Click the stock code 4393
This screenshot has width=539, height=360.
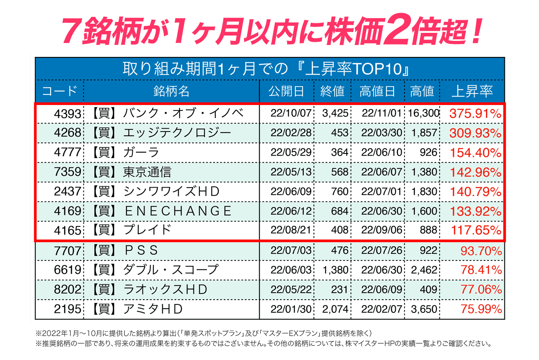coord(67,113)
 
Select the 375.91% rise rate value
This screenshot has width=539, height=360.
coord(475,113)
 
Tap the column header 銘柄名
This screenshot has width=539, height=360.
coord(171,91)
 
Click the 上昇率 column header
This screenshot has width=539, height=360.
coord(472,91)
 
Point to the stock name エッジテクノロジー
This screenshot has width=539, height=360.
coord(177,133)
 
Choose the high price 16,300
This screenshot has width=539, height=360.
coord(423,113)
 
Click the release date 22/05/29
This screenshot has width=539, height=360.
coord(291,153)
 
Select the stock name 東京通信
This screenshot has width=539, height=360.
coord(147,172)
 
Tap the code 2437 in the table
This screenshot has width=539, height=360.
coord(67,192)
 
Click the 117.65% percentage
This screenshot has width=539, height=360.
coord(476,231)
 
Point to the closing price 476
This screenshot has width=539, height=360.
coord(340,250)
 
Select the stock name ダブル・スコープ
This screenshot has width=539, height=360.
coord(171,270)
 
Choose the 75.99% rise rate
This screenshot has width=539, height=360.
coord(481,309)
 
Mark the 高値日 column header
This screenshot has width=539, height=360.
coord(377,91)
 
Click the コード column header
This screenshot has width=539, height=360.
coord(59,91)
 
